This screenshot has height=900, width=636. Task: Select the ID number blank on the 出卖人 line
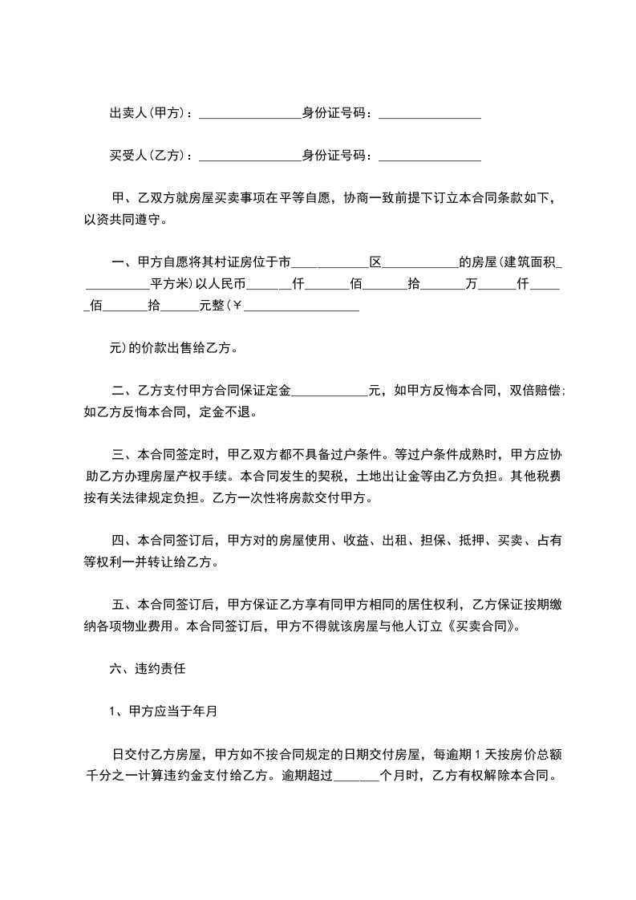[429, 116]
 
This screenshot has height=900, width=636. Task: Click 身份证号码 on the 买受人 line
[337, 156]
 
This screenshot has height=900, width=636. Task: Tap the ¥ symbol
[237, 306]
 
